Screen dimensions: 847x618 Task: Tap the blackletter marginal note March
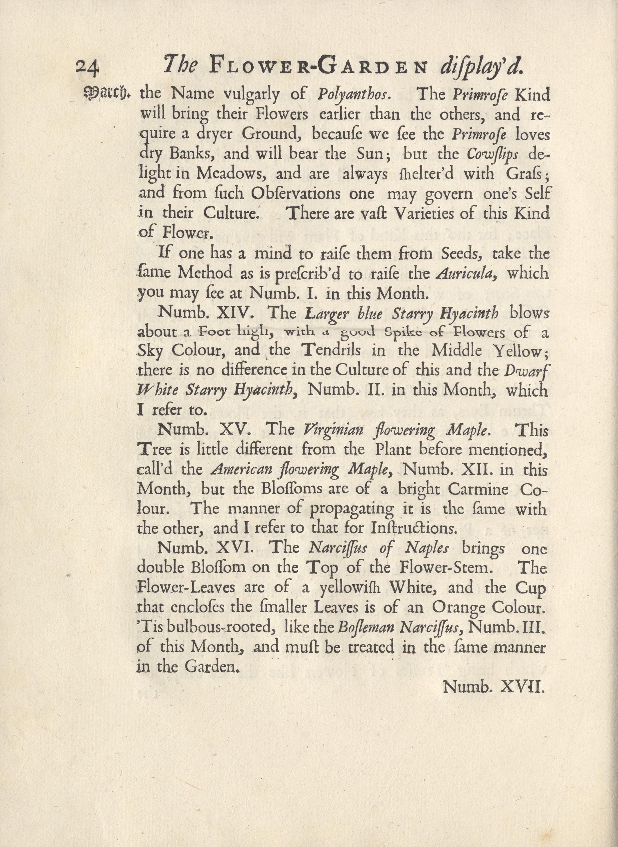coord(108,93)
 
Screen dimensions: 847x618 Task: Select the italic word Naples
coord(427,548)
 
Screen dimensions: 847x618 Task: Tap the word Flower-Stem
coord(444,568)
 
